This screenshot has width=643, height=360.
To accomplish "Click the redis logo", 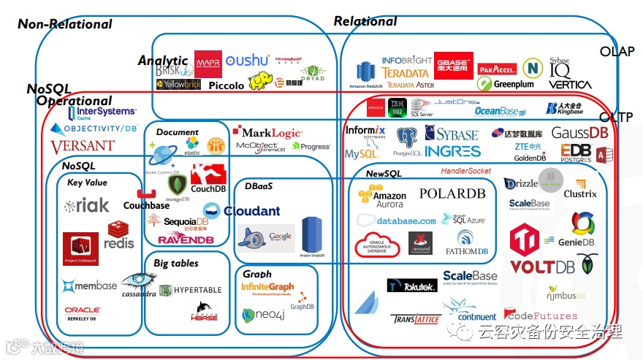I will point(119,234).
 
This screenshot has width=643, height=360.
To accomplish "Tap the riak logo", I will point(86,206).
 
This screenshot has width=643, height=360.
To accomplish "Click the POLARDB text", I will point(452,194).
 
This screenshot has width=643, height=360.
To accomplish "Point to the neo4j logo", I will point(262,315).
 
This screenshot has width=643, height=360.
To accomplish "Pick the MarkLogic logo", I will point(267,132).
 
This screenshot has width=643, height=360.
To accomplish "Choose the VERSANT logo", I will point(83,147).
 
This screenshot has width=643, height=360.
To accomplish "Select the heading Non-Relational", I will point(65,24).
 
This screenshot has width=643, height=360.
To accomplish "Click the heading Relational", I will point(365,21).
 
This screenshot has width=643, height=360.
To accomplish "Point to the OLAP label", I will point(617,51).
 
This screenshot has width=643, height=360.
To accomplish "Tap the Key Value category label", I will point(87,183).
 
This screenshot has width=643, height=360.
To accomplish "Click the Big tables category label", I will point(175,263).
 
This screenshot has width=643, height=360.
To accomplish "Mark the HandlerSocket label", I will point(465,171).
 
